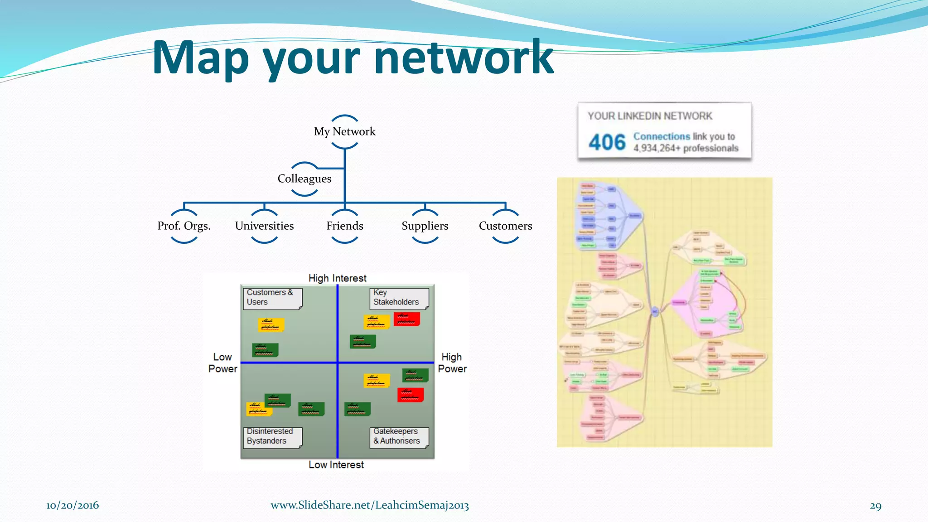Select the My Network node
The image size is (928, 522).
[344, 131]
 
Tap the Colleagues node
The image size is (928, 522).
[304, 179]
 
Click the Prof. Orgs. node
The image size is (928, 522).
[184, 226]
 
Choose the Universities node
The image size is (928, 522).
[264, 226]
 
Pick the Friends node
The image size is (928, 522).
[344, 226]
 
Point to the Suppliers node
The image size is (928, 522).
[425, 226]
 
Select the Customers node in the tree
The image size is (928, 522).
[505, 226]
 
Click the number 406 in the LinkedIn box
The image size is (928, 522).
[607, 142]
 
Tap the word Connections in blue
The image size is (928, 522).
[661, 136]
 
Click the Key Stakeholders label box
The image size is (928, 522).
[398, 298]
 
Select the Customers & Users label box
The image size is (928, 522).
[272, 298]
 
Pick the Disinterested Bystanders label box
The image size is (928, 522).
[272, 436]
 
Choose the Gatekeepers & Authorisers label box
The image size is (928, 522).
[398, 436]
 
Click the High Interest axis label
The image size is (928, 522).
[337, 278]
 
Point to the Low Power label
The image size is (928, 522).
[222, 363]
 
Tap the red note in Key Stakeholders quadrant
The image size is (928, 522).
[406, 319]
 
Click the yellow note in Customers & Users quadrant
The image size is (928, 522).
[271, 324]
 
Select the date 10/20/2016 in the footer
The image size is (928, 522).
[72, 506]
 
